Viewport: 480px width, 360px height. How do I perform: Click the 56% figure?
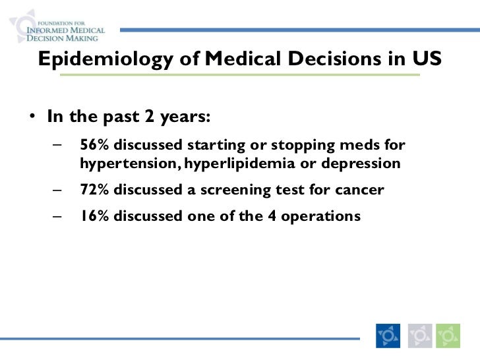point(95,145)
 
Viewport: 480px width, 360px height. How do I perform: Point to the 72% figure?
point(95,191)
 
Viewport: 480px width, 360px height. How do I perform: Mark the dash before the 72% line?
point(60,191)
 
